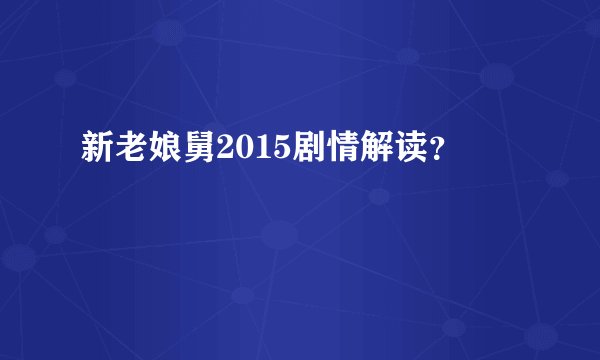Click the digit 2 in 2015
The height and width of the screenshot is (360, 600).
tap(217, 149)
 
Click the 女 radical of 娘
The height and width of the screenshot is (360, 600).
tap(152, 149)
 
